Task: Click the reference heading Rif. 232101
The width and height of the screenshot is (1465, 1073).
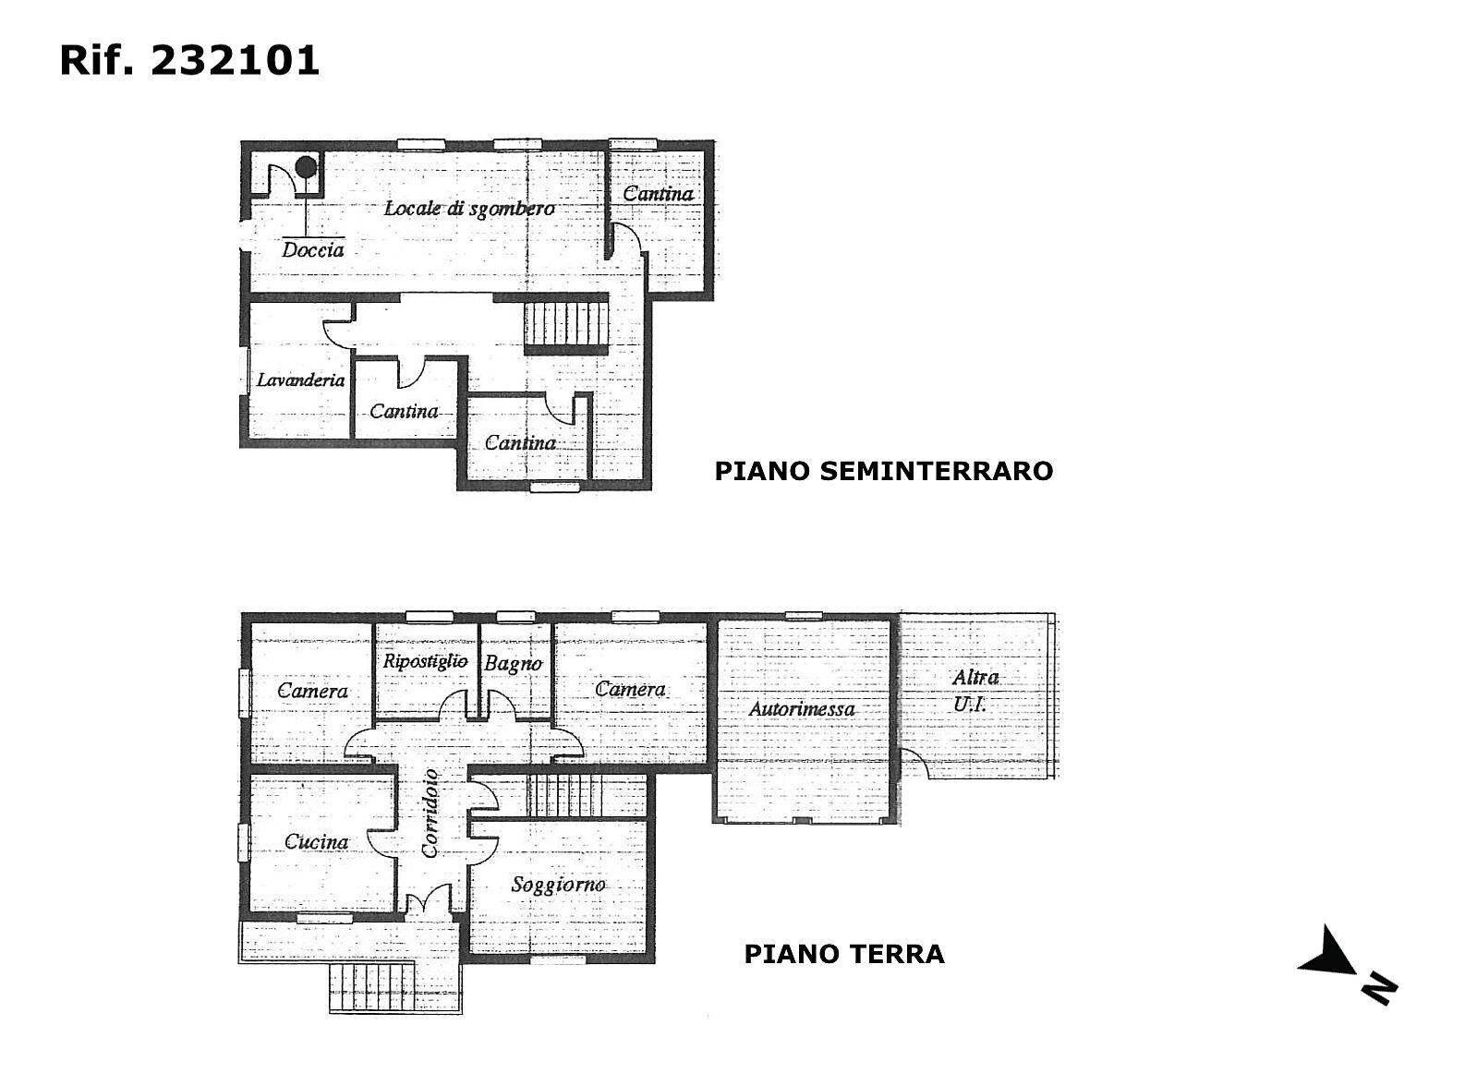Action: (189, 61)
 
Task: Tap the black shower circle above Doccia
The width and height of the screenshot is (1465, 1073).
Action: (305, 168)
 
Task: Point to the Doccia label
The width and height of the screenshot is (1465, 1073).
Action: (312, 249)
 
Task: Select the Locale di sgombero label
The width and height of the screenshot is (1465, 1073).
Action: (469, 209)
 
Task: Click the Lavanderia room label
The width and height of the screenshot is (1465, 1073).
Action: (300, 380)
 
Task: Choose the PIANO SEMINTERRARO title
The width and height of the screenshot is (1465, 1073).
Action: (884, 471)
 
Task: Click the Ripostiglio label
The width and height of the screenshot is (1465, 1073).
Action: (425, 661)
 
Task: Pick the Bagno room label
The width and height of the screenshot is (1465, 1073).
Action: (513, 663)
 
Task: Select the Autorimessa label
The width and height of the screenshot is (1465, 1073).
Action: (802, 709)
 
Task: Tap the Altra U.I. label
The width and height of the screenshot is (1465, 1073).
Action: (975, 691)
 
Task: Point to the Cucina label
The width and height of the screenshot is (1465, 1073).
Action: (317, 841)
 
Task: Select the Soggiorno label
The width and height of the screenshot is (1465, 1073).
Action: (558, 886)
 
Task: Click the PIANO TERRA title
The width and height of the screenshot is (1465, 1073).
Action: (844, 954)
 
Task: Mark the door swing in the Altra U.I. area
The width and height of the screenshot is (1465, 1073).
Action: (915, 764)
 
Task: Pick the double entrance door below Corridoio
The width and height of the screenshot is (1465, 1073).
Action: (429, 898)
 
